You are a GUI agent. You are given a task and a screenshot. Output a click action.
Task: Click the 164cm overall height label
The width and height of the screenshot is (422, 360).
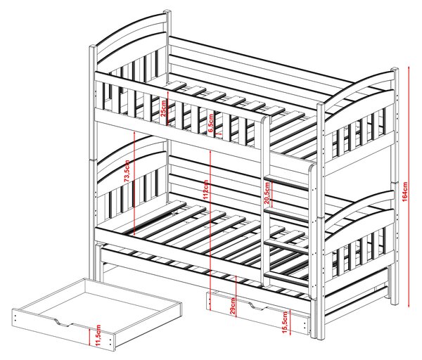pyautogui.click(x=405, y=191)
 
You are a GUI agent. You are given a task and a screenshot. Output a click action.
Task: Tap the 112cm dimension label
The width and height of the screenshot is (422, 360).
pyautogui.click(x=205, y=190)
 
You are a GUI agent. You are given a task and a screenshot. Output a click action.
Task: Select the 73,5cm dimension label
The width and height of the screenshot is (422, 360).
pyautogui.click(x=127, y=171)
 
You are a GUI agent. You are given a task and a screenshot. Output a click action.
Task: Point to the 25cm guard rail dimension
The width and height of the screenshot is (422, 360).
pyautogui.click(x=163, y=108)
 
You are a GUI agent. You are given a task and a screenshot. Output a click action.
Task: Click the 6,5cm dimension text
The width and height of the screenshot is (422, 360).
pyautogui.click(x=211, y=123)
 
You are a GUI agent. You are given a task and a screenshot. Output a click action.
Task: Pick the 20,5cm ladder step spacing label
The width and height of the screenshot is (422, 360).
pyautogui.click(x=267, y=193)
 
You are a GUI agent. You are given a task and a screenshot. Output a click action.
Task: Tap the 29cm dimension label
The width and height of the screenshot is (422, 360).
pyautogui.click(x=233, y=306)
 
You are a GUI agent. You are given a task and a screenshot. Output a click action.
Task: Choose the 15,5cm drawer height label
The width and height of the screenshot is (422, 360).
pyautogui.click(x=285, y=323)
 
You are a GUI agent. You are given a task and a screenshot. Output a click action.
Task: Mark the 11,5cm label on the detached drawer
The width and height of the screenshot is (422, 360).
pyautogui.click(x=98, y=335)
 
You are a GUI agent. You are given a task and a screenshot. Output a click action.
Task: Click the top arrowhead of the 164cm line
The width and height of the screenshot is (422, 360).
pyautogui.click(x=409, y=67)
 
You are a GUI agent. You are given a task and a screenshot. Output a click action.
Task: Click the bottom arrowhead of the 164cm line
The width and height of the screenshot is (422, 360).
pyautogui.click(x=409, y=305)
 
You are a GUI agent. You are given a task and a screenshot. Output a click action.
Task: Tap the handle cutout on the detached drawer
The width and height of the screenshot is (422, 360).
pyautogui.click(x=64, y=323)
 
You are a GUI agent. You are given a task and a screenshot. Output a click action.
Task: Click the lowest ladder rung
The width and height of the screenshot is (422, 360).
pyautogui.click(x=286, y=278)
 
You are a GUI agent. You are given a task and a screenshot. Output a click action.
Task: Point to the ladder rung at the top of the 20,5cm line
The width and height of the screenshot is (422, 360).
pyautogui.click(x=286, y=182)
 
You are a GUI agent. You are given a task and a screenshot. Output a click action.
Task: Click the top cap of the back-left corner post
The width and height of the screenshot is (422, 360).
pyautogui.click(x=167, y=12)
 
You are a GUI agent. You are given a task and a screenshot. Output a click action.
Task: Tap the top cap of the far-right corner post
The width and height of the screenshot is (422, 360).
pyautogui.click(x=395, y=70)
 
